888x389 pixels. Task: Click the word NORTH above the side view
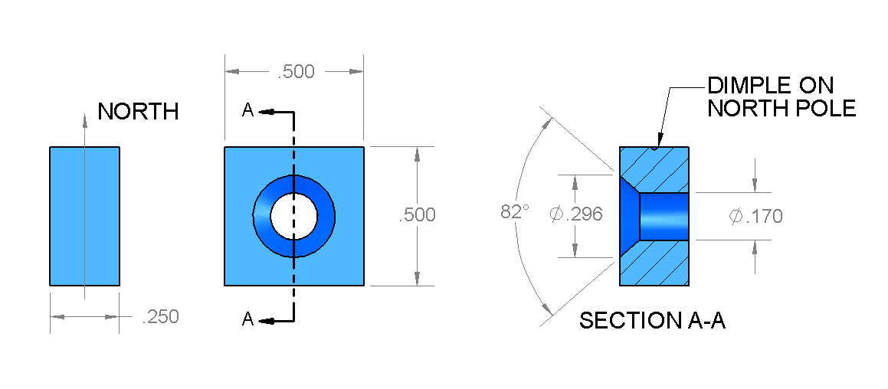tap(138, 112)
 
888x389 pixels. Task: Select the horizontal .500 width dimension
tap(296, 72)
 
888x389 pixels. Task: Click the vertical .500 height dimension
tap(417, 215)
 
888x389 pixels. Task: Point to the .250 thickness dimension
tap(160, 317)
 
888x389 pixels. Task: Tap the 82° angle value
tap(515, 212)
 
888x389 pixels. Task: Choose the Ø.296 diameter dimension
tap(576, 214)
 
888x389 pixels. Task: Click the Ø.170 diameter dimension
tap(755, 217)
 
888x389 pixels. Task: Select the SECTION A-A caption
tap(652, 321)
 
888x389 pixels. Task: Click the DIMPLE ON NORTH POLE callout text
tap(781, 96)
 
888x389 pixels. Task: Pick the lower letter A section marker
tap(247, 320)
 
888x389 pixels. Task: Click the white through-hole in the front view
tap(293, 215)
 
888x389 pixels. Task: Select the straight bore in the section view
tap(664, 217)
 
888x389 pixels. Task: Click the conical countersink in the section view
tap(628, 216)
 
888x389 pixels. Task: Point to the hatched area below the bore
tap(660, 264)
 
